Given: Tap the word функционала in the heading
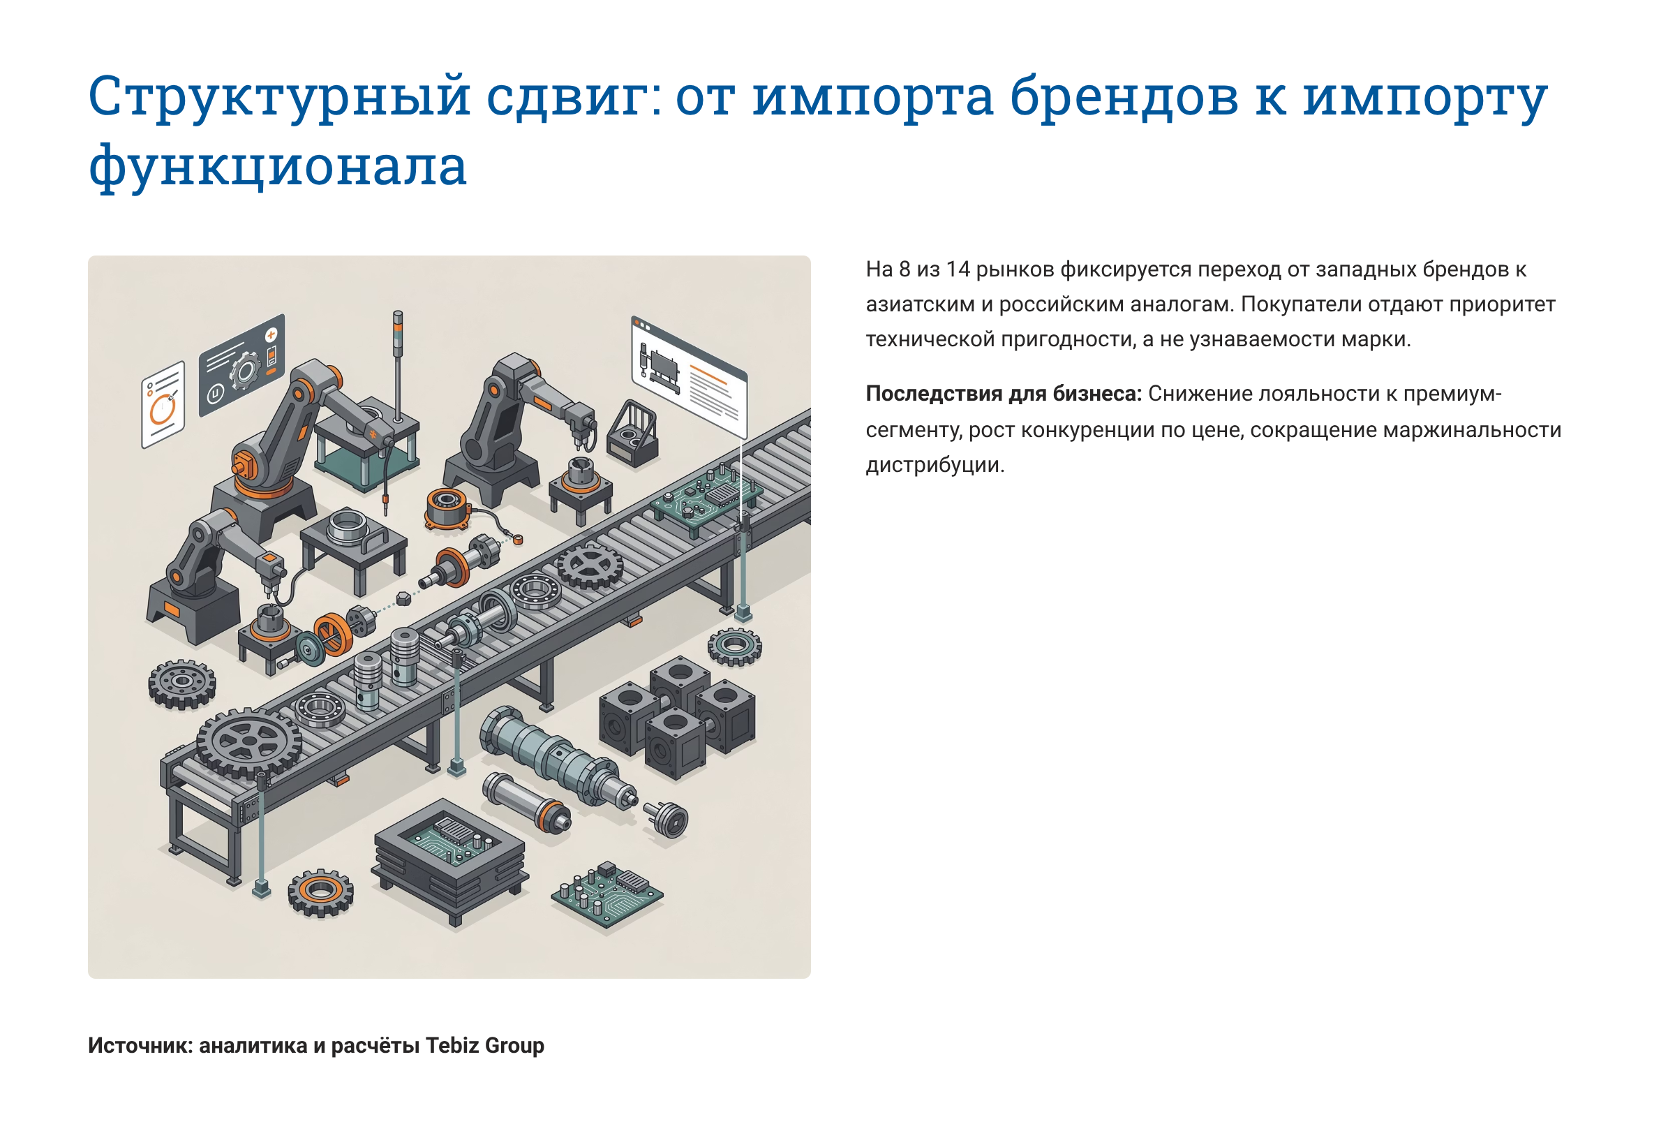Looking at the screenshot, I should (x=277, y=166).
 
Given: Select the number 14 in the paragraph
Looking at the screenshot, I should (x=957, y=269).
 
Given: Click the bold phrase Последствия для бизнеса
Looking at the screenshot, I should (x=1003, y=394).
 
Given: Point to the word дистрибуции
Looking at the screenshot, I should (x=935, y=465).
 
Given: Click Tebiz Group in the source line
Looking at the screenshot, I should (x=484, y=1045).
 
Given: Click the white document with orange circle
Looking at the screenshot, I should (x=163, y=404).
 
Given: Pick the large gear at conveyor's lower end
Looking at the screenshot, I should (x=248, y=743).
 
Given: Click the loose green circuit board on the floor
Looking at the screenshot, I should (x=606, y=895).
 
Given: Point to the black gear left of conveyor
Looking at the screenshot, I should (x=182, y=683).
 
